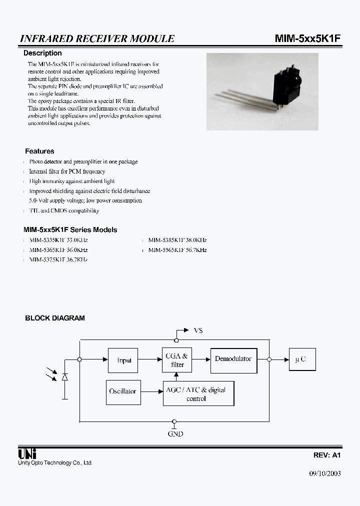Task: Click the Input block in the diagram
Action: (x=123, y=360)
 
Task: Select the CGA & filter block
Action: (x=176, y=360)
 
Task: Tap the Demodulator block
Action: (x=233, y=359)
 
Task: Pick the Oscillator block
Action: (x=122, y=391)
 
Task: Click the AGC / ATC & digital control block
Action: (x=198, y=393)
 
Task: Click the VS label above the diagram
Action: (x=198, y=330)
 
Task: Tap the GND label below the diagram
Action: (x=175, y=433)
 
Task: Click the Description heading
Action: (x=43, y=53)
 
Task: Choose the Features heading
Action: (x=39, y=151)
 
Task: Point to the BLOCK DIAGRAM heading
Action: (x=55, y=318)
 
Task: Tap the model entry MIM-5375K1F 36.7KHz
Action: (x=58, y=260)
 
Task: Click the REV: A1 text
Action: (x=326, y=455)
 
